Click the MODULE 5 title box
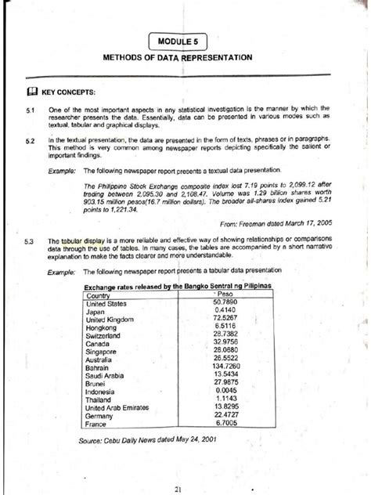point(185,40)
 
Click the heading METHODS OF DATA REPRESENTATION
point(185,58)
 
